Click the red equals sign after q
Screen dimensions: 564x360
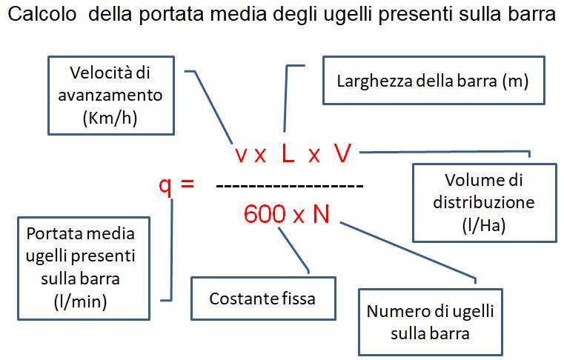[187, 183]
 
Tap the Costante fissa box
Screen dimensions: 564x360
[262, 299]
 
